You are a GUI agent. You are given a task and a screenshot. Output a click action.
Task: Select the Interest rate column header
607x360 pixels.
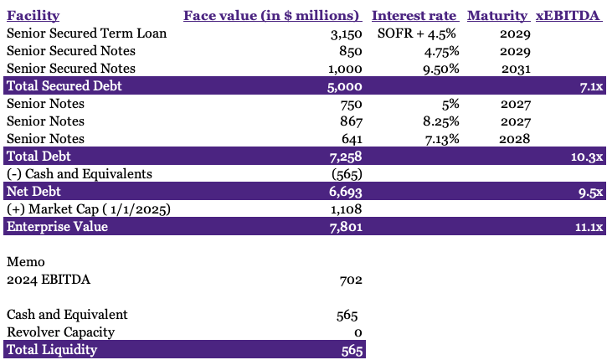coord(414,16)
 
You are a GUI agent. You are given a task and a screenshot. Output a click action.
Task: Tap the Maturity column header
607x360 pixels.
coord(497,16)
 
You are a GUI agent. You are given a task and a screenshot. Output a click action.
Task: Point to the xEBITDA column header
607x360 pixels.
coord(568,16)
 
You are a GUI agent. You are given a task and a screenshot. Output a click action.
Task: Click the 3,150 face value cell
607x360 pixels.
coord(345,33)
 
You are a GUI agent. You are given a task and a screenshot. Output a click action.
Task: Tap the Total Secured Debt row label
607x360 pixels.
coord(56,85)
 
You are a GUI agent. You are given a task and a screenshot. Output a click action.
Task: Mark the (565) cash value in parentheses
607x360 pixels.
coord(343,173)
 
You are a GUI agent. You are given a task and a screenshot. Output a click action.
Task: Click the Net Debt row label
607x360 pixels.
coord(30,191)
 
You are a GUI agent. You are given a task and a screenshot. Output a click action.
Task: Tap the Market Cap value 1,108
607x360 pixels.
coord(345,208)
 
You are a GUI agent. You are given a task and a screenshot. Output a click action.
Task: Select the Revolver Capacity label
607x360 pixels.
coord(61,332)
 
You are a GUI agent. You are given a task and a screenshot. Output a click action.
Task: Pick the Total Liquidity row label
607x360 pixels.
coord(52,350)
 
